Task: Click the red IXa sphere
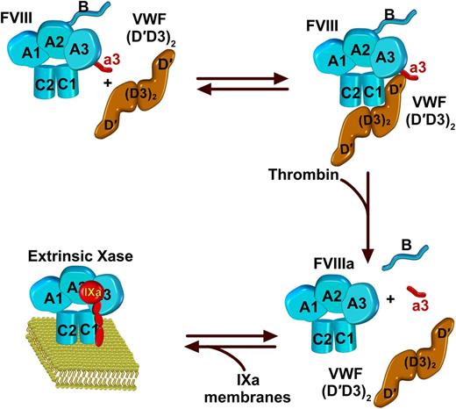pyautogui.click(x=88, y=291)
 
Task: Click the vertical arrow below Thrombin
pyautogui.click(x=339, y=215)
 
